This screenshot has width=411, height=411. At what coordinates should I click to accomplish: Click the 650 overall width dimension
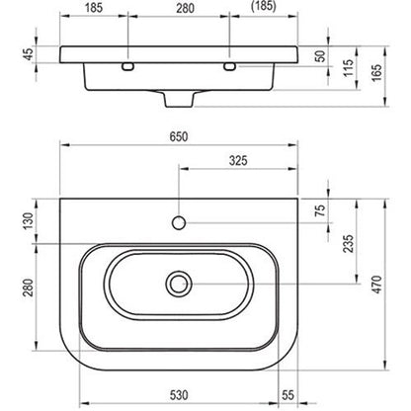point(179,136)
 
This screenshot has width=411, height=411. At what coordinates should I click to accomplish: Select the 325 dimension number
point(238,161)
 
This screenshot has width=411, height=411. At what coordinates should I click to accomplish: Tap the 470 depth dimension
point(377,285)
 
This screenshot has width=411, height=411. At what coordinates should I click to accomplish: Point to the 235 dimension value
point(349,243)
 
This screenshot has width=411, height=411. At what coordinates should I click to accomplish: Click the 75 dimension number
point(320,210)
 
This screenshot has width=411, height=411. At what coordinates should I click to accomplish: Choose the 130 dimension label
point(29,221)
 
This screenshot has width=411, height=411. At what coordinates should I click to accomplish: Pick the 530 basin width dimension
point(179,395)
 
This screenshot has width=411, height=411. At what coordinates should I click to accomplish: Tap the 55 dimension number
point(288,395)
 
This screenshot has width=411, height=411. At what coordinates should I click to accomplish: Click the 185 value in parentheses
point(264,7)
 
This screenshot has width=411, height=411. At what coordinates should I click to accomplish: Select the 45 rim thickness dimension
point(29,54)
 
